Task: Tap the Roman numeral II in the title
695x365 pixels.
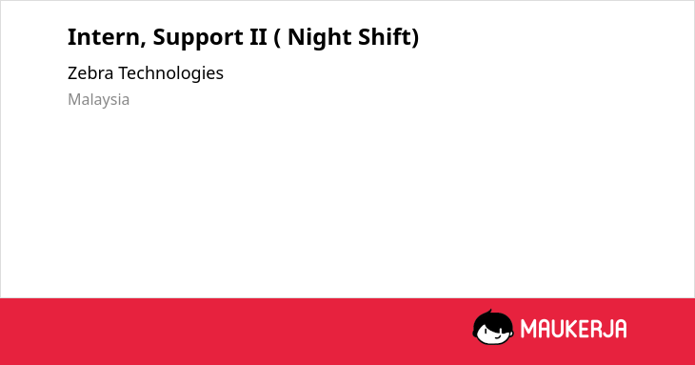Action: click(x=258, y=37)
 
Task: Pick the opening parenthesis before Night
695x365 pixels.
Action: click(x=277, y=38)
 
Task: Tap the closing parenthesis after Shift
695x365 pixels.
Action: click(x=415, y=38)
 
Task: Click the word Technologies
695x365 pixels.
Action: click(x=170, y=73)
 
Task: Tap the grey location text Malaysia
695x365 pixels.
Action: click(x=98, y=100)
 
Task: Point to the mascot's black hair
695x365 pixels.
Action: click(x=489, y=320)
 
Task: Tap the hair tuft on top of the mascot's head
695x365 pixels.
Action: click(x=489, y=312)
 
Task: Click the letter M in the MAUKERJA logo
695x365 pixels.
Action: click(x=527, y=329)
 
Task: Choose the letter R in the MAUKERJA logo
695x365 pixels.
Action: click(x=596, y=329)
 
